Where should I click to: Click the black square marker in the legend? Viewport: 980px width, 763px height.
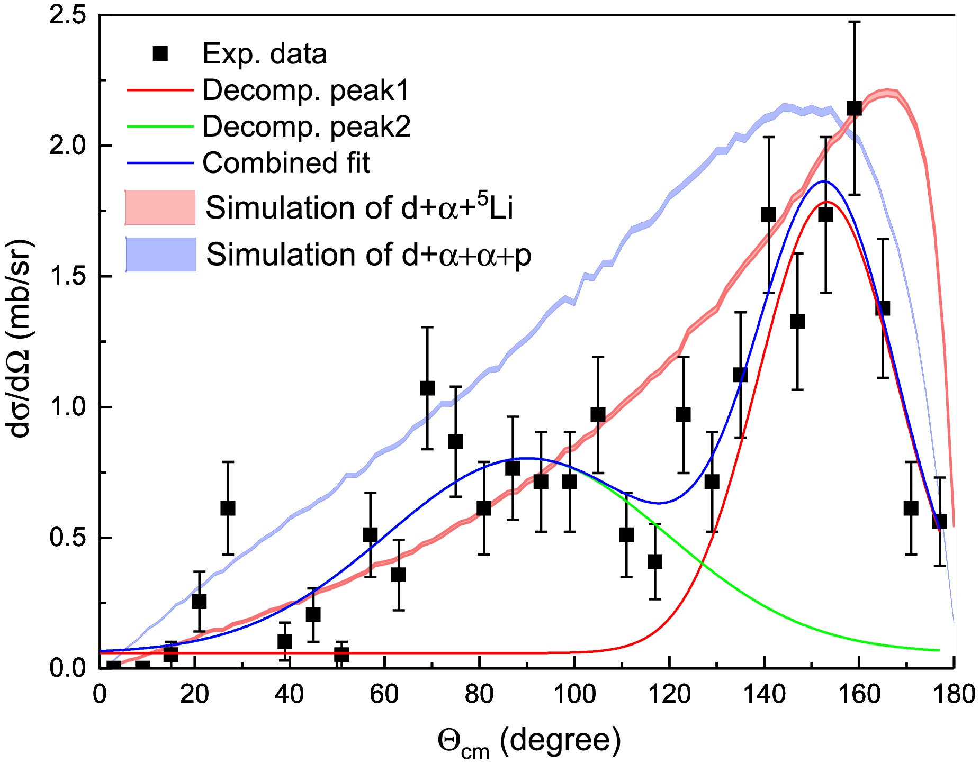[160, 53]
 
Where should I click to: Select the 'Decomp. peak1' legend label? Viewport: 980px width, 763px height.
[306, 90]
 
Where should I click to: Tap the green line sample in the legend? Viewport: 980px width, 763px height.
[160, 126]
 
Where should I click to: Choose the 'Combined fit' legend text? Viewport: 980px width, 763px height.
[286, 163]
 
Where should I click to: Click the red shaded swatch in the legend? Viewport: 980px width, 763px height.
[160, 207]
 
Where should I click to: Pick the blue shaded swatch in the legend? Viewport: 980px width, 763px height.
[160, 255]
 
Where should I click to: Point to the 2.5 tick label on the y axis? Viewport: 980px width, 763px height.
[67, 15]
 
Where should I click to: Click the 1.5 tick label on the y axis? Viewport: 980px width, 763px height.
[67, 276]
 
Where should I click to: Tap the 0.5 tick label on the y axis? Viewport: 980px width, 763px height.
[67, 538]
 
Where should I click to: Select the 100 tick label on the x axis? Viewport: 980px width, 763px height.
[574, 694]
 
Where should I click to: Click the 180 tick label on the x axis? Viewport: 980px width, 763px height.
[954, 694]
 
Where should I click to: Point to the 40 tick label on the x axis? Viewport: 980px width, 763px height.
[289, 694]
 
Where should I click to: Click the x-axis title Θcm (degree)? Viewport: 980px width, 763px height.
[528, 741]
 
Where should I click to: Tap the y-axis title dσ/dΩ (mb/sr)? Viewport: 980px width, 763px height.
[21, 339]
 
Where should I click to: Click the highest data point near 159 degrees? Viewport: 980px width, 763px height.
[854, 108]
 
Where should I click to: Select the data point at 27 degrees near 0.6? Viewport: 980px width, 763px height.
[228, 508]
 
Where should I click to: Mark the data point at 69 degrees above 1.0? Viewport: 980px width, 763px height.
[427, 388]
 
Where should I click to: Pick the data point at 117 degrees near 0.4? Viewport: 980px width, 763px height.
[655, 561]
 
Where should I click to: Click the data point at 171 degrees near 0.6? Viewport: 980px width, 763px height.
[911, 508]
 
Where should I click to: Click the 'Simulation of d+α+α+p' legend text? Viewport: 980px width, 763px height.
[368, 255]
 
